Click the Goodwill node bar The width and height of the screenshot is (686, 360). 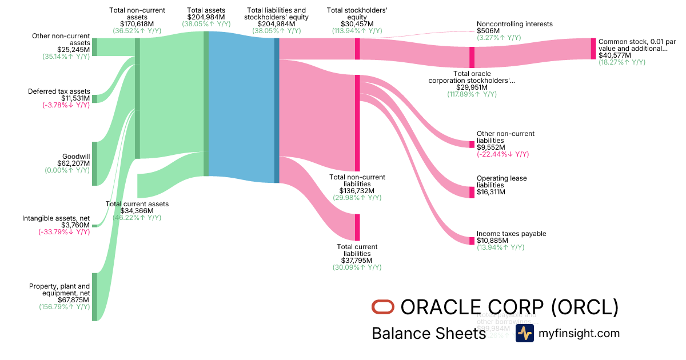(x=95, y=163)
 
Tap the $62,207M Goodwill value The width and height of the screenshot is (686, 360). (x=74, y=163)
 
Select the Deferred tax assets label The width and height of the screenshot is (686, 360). (x=59, y=91)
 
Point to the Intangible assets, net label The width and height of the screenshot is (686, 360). (x=56, y=218)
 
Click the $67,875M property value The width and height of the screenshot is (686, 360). (x=74, y=299)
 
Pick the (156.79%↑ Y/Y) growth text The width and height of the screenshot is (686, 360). (x=66, y=307)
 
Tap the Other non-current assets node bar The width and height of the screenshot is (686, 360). (x=95, y=47)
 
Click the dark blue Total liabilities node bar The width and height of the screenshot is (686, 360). (x=277, y=110)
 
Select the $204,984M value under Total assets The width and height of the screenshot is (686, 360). (x=206, y=17)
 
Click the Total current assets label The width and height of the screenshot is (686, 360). (x=137, y=204)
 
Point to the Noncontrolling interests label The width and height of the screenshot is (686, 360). (x=514, y=24)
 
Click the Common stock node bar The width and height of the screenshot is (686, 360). (x=593, y=49)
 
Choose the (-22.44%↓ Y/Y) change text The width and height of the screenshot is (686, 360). (x=502, y=154)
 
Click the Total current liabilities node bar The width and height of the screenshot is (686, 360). (x=357, y=227)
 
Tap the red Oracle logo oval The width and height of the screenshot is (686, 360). (x=383, y=307)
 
